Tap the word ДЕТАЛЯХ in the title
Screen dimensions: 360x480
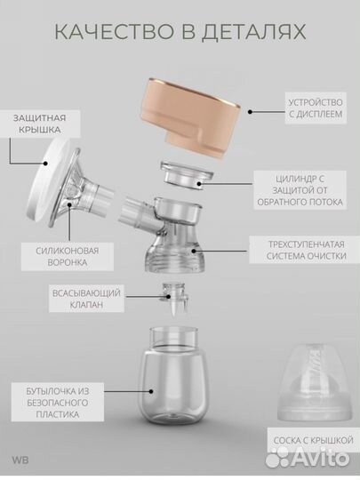[x=253, y=32]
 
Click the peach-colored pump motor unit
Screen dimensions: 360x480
[x=190, y=117]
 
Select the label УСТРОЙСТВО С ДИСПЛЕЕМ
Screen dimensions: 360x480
[x=316, y=108]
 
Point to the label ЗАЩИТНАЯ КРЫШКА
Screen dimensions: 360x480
[x=39, y=124]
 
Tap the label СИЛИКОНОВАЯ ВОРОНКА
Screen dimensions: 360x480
[x=68, y=257]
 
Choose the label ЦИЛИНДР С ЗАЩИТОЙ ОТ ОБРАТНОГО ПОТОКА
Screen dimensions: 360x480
[x=300, y=190]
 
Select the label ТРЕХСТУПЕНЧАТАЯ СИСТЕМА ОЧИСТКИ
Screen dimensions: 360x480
[x=305, y=250]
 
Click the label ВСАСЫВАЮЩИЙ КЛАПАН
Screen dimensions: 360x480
[x=86, y=299]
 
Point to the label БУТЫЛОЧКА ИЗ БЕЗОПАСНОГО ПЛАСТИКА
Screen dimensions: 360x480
[x=58, y=403]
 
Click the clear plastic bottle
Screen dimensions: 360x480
[x=173, y=377]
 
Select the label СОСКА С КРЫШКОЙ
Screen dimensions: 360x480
[x=314, y=441]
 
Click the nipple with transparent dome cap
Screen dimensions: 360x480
[x=315, y=382]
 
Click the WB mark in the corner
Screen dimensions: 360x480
[x=20, y=460]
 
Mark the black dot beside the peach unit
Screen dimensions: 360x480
[x=250, y=112]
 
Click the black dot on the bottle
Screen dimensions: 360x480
[x=151, y=391]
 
